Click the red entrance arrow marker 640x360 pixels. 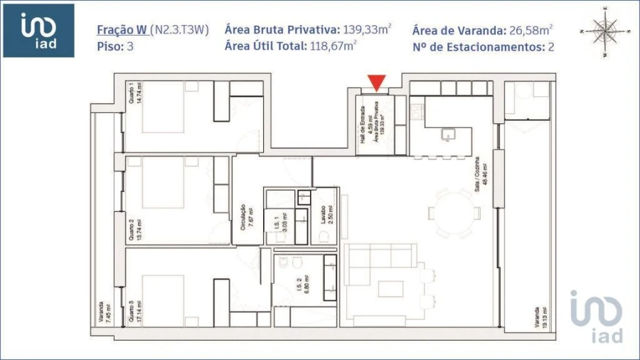(x=376, y=83)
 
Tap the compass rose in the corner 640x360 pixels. (x=605, y=31)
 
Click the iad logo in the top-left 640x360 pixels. (x=38, y=31)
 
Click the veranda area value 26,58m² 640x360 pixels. (x=531, y=30)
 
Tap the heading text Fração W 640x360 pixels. (x=122, y=30)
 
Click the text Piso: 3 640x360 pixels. (x=115, y=46)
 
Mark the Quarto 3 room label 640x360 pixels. (x=132, y=311)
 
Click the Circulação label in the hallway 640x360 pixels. (x=242, y=216)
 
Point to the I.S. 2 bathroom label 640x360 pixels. (x=299, y=290)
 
